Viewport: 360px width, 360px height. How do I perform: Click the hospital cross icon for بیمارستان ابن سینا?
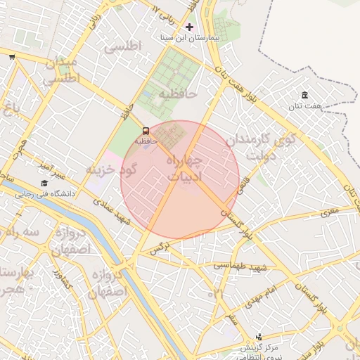pyautogui.click(x=189, y=27)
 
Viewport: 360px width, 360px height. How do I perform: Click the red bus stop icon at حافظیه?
pyautogui.click(x=146, y=131)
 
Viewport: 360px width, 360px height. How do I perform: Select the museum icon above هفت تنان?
pyautogui.click(x=304, y=95)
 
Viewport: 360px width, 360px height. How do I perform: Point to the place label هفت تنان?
pyautogui.click(x=304, y=106)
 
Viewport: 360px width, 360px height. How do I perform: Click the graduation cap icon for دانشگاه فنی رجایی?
pyautogui.click(x=44, y=183)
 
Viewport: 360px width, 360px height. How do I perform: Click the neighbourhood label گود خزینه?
pyautogui.click(x=110, y=169)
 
